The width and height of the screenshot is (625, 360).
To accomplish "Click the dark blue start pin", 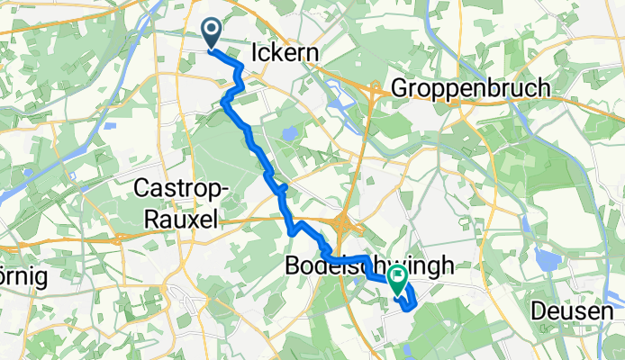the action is [x=212, y=34].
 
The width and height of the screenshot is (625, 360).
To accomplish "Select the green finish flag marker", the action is [x=397, y=280].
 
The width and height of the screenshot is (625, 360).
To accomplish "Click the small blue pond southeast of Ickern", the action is [x=289, y=133].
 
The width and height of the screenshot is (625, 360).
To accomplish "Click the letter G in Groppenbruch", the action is [x=399, y=89].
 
